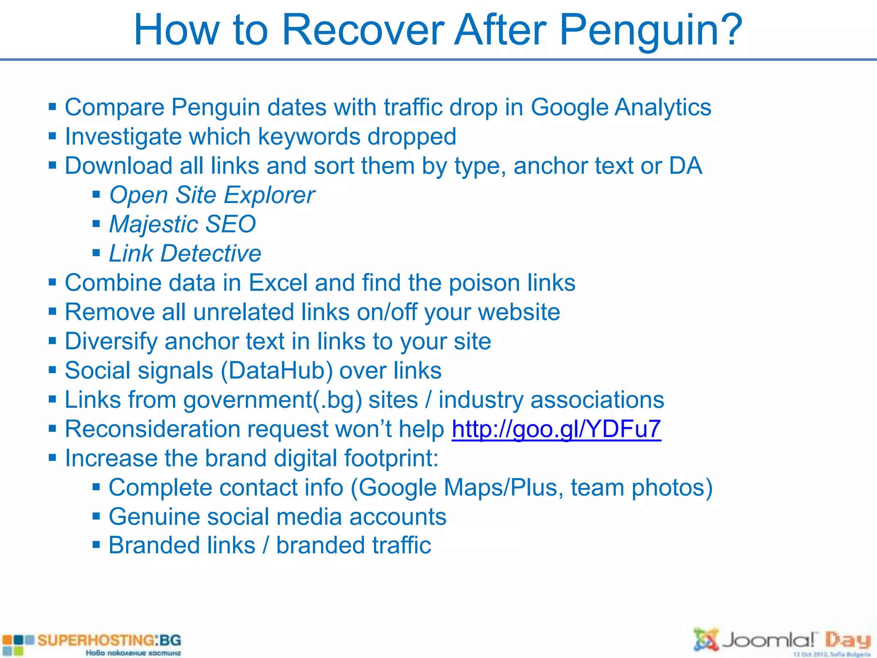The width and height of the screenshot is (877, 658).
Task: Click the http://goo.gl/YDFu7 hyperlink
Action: [x=556, y=429]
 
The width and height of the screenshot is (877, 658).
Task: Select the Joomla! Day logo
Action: [x=782, y=642]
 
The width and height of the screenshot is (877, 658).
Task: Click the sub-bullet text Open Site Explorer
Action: [x=212, y=195]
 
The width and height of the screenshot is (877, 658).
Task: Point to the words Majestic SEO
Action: [x=182, y=224]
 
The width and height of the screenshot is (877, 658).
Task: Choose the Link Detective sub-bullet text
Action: [x=185, y=254]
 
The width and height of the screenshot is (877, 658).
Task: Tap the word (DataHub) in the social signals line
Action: [x=277, y=371]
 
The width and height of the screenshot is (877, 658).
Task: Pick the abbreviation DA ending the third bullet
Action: [x=686, y=166]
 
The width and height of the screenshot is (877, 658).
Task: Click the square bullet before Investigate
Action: [x=53, y=137]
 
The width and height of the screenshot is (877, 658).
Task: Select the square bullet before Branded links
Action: [x=96, y=546]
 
